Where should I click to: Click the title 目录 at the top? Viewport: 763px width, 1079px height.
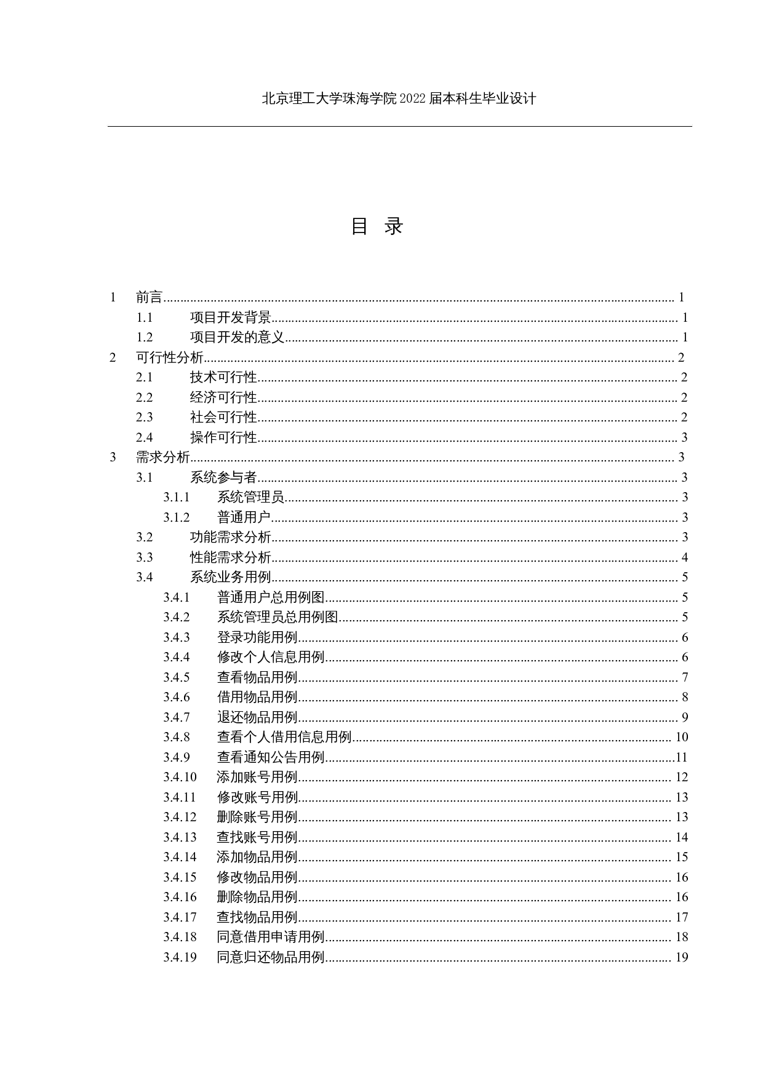click(x=377, y=226)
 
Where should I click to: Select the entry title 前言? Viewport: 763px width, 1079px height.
click(x=149, y=298)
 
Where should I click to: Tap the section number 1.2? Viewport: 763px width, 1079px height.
click(x=145, y=337)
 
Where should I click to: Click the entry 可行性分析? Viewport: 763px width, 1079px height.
click(x=169, y=357)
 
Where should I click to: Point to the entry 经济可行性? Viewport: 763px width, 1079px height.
click(x=223, y=397)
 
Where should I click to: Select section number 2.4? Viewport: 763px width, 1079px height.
click(x=145, y=437)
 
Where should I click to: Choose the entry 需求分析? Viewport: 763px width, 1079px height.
click(x=162, y=457)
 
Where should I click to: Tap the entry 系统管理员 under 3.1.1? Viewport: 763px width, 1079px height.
click(x=250, y=497)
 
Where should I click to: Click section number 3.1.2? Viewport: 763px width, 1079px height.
click(x=176, y=517)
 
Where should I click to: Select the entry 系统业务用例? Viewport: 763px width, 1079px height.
click(x=230, y=577)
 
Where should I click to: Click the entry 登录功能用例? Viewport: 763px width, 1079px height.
click(x=257, y=637)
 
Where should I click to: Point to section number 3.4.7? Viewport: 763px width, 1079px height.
click(x=176, y=717)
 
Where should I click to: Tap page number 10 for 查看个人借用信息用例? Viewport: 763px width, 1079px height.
click(x=681, y=737)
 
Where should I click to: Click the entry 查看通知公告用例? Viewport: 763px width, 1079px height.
click(x=271, y=757)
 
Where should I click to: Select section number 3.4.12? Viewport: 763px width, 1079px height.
click(x=180, y=817)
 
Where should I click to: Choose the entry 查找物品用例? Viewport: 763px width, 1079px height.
click(x=257, y=917)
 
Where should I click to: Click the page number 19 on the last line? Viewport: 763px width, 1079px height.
click(x=681, y=957)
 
